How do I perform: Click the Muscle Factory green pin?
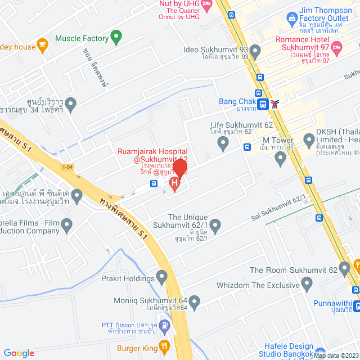point(116,38)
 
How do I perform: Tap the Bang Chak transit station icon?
point(263,103)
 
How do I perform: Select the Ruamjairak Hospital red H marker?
point(174,183)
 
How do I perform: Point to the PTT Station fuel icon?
point(164,325)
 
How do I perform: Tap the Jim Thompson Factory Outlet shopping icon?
point(292,19)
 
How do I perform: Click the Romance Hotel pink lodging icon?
point(337,50)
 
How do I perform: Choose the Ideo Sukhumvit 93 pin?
point(255,53)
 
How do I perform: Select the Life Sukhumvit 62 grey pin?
point(223,144)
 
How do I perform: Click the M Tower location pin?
point(281,159)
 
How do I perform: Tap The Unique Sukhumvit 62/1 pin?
point(215,226)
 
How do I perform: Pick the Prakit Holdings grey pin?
point(162,277)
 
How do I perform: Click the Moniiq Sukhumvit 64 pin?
point(195,303)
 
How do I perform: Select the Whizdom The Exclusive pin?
point(307,286)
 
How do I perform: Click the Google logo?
point(19,353)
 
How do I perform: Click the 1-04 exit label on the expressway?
point(67,167)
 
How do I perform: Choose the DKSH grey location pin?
point(309,139)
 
